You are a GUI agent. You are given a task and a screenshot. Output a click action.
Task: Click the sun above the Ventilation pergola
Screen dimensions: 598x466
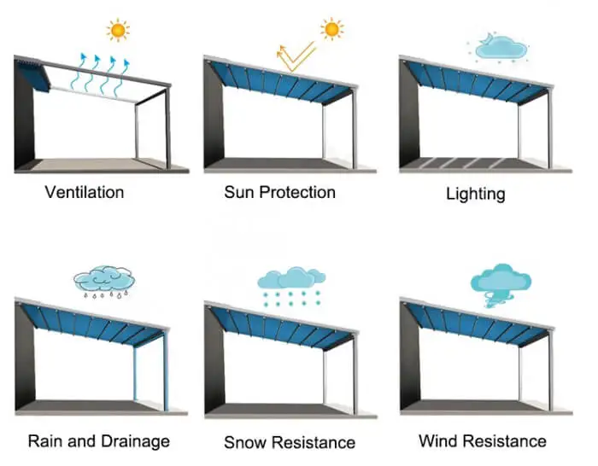tap(118, 31)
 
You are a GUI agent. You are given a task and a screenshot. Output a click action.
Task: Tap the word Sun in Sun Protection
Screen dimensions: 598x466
tap(239, 191)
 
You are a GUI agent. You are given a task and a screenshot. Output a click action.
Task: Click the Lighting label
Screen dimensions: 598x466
tap(475, 194)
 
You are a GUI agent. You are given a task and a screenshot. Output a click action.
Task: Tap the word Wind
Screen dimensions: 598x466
tap(437, 441)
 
